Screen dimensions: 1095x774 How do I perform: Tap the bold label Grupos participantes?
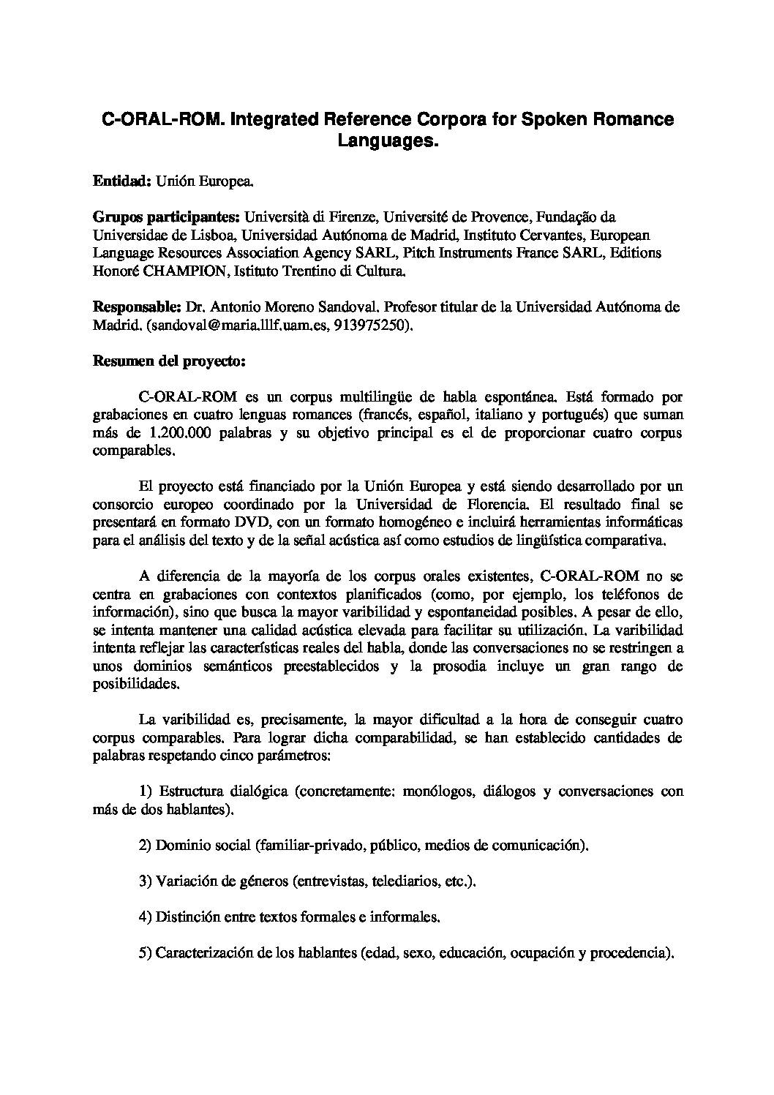pos(166,217)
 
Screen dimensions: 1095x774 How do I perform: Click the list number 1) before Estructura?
pos(145,791)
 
